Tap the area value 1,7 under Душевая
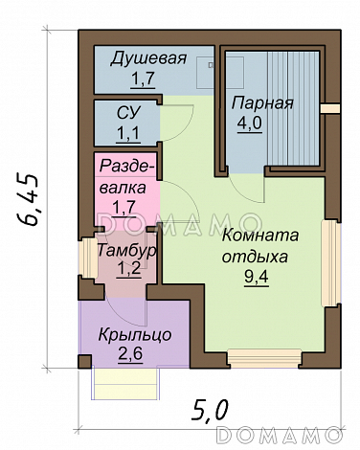[x=143, y=77]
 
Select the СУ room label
[x=128, y=115]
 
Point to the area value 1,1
[x=128, y=133]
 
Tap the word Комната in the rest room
[x=259, y=236]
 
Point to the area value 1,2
[x=126, y=269]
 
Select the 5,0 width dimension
[x=210, y=410]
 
